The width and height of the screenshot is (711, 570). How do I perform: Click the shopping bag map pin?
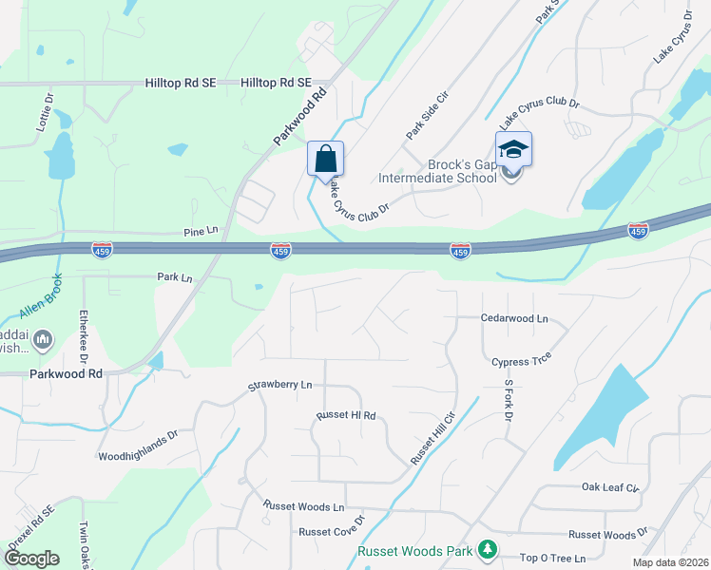(x=325, y=160)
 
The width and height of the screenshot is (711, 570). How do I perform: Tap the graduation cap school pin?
(x=513, y=151)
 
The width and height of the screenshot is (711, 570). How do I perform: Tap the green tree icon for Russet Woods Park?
(x=487, y=550)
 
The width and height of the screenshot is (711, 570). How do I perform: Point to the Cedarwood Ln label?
(x=515, y=319)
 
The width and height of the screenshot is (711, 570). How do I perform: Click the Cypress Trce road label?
(x=521, y=360)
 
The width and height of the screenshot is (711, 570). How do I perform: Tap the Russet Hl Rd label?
(x=346, y=416)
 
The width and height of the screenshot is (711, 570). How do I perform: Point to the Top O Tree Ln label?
(x=552, y=558)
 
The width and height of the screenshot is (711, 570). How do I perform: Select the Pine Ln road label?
(x=201, y=231)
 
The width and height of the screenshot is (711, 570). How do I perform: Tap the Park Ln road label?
(x=175, y=277)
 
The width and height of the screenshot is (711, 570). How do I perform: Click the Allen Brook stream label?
(x=41, y=296)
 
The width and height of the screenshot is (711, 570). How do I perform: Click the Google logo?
(x=30, y=559)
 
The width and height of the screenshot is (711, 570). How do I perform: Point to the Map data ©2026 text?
(x=670, y=562)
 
